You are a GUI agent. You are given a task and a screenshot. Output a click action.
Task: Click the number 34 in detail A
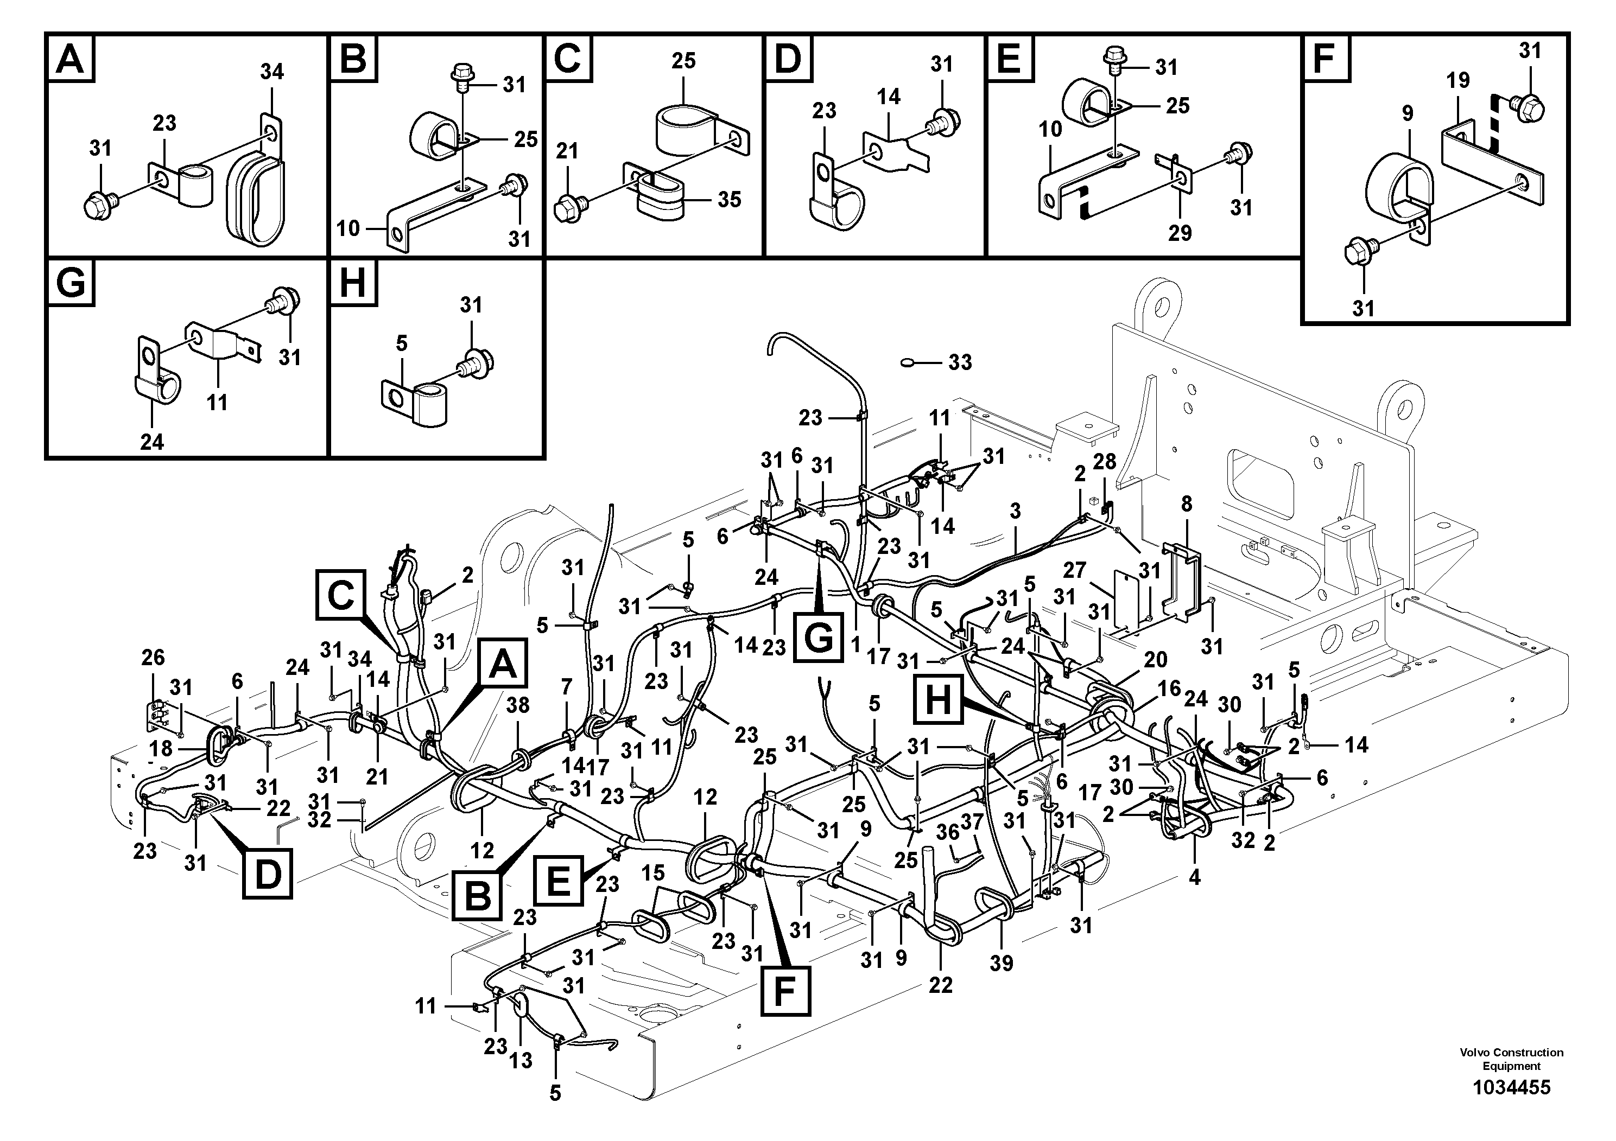pyautogui.click(x=271, y=72)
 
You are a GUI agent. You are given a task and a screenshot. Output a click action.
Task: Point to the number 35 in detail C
pyautogui.click(x=729, y=199)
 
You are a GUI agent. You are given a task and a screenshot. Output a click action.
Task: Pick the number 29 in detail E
pyautogui.click(x=1180, y=233)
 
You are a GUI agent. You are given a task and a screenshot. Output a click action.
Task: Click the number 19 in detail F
pyautogui.click(x=1457, y=80)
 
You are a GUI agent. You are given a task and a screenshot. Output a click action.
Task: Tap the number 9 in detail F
pyautogui.click(x=1407, y=113)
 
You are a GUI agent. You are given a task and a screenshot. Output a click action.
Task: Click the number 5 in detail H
pyautogui.click(x=401, y=343)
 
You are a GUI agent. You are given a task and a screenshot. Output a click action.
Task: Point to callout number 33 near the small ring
pyautogui.click(x=960, y=362)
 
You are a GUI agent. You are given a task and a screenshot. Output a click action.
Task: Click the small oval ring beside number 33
pyautogui.click(x=908, y=363)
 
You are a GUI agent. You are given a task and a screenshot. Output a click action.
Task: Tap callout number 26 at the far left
pyautogui.click(x=153, y=658)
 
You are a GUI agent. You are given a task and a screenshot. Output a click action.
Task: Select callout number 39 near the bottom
pyautogui.click(x=1001, y=963)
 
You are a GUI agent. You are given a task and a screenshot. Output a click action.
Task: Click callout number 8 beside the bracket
pyautogui.click(x=1187, y=503)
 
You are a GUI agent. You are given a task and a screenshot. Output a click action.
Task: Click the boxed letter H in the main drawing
pyautogui.click(x=937, y=700)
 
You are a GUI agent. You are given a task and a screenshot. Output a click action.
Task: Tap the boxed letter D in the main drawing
pyautogui.click(x=268, y=875)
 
